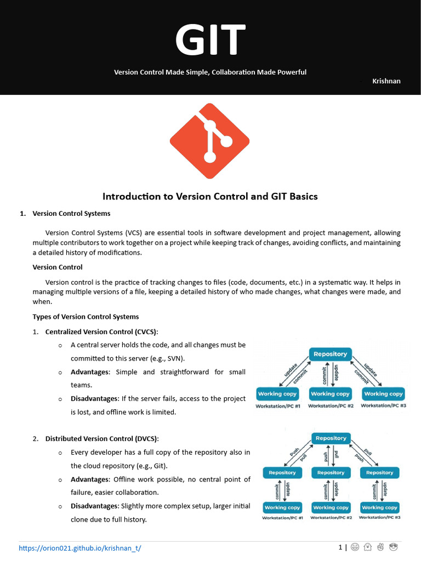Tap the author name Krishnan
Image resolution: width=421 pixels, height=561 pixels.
386,81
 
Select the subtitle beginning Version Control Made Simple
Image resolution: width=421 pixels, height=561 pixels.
210,72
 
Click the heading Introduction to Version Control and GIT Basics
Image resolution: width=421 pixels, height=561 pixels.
210,196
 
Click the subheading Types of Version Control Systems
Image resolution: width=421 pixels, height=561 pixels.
86,317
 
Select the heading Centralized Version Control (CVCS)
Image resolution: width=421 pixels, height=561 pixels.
101,332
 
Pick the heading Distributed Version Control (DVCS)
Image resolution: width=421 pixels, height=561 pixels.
101,439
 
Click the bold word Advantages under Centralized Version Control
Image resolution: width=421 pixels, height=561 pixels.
90,372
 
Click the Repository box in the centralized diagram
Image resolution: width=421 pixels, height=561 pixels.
330,354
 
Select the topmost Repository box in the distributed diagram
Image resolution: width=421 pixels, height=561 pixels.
331,438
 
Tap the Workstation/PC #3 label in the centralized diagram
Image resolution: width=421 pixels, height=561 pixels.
383,405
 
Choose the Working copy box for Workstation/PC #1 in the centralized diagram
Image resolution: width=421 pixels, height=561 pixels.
277,394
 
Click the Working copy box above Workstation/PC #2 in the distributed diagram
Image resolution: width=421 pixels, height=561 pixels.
331,507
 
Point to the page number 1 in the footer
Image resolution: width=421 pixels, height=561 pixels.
340,547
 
